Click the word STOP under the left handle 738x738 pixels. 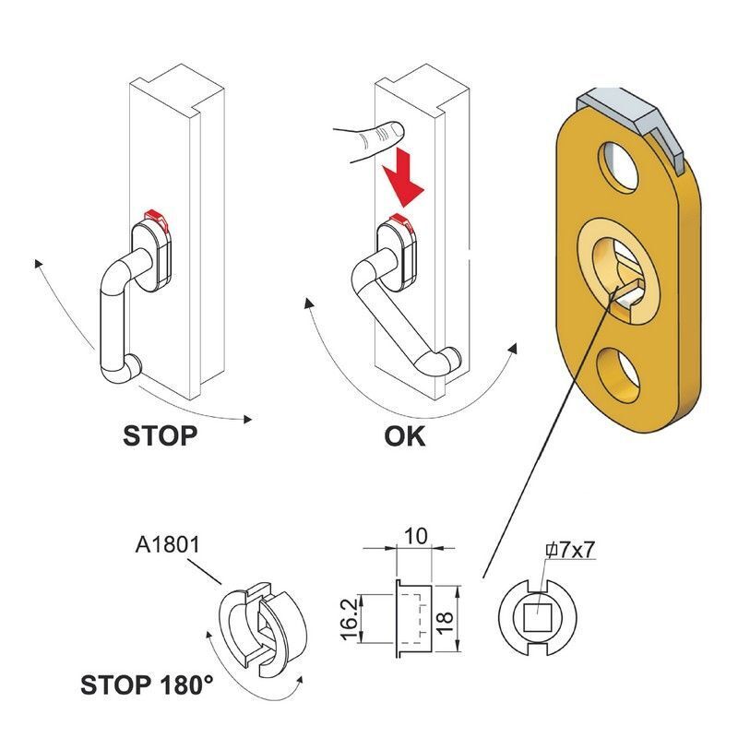click(160, 434)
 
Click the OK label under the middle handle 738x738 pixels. click(404, 434)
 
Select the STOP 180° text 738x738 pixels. click(147, 685)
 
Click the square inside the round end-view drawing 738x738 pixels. click(537, 615)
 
